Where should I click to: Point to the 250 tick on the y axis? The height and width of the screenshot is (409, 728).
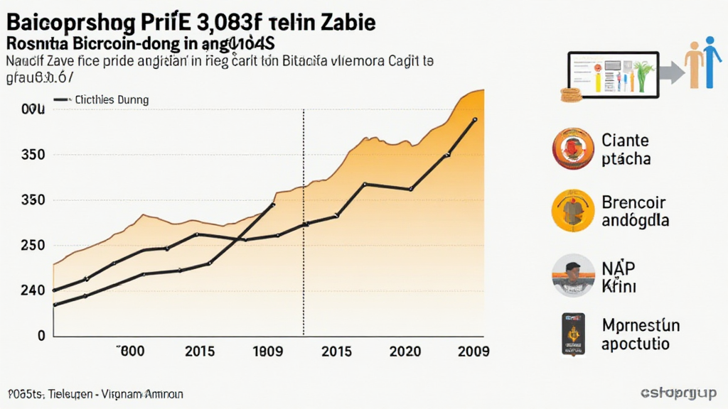click(33, 246)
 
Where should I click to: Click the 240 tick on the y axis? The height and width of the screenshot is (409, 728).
click(33, 290)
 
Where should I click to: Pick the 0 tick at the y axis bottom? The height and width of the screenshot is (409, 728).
click(41, 334)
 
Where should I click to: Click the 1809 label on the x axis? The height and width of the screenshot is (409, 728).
click(268, 351)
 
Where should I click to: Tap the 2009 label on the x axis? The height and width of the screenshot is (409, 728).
click(472, 351)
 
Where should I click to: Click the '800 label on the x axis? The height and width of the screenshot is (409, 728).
click(131, 351)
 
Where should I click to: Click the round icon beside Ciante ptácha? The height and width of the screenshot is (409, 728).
click(572, 148)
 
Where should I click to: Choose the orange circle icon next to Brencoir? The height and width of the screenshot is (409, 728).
click(572, 211)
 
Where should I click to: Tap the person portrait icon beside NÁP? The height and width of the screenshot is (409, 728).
click(572, 276)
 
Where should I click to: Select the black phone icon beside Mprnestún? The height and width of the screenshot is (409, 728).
click(572, 334)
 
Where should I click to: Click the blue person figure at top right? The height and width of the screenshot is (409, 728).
click(711, 63)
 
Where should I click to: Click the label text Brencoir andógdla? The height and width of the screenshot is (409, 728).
click(635, 211)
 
